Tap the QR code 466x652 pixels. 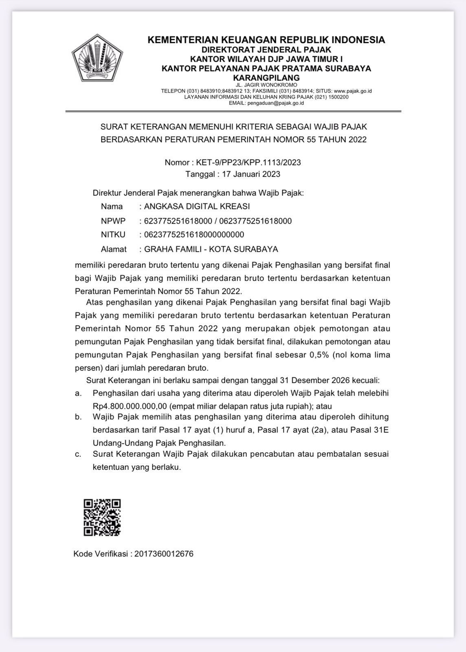102,517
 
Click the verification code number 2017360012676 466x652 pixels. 164,554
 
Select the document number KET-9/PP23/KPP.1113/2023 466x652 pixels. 248,162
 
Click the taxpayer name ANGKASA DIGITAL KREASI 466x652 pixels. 197,206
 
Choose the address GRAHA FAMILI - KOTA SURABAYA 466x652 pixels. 211,249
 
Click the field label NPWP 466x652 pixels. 113,221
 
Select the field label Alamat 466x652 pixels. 114,249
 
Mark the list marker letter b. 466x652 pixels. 78,417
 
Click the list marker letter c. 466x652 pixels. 78,454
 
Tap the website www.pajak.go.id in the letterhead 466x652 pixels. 352,91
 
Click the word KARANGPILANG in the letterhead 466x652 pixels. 266,77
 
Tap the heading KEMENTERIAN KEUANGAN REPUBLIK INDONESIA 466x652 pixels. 266,40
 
